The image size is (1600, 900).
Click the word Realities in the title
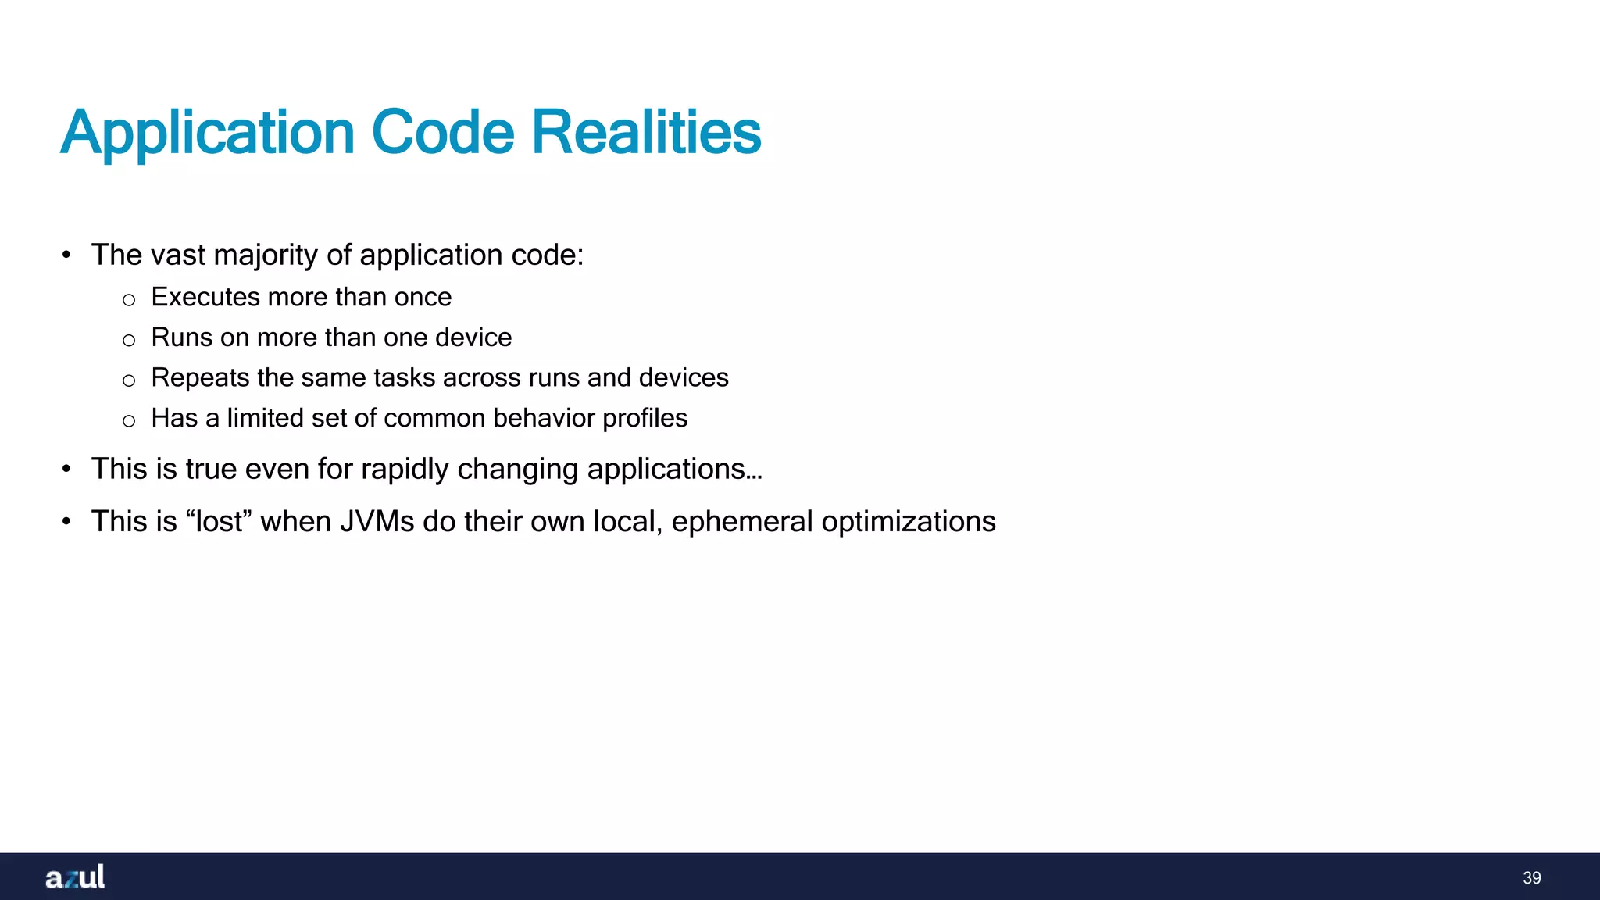646,132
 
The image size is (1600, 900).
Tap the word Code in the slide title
443,132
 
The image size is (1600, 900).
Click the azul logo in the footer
75,877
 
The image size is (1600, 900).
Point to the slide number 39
1531,878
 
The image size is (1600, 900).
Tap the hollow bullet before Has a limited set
129,421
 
